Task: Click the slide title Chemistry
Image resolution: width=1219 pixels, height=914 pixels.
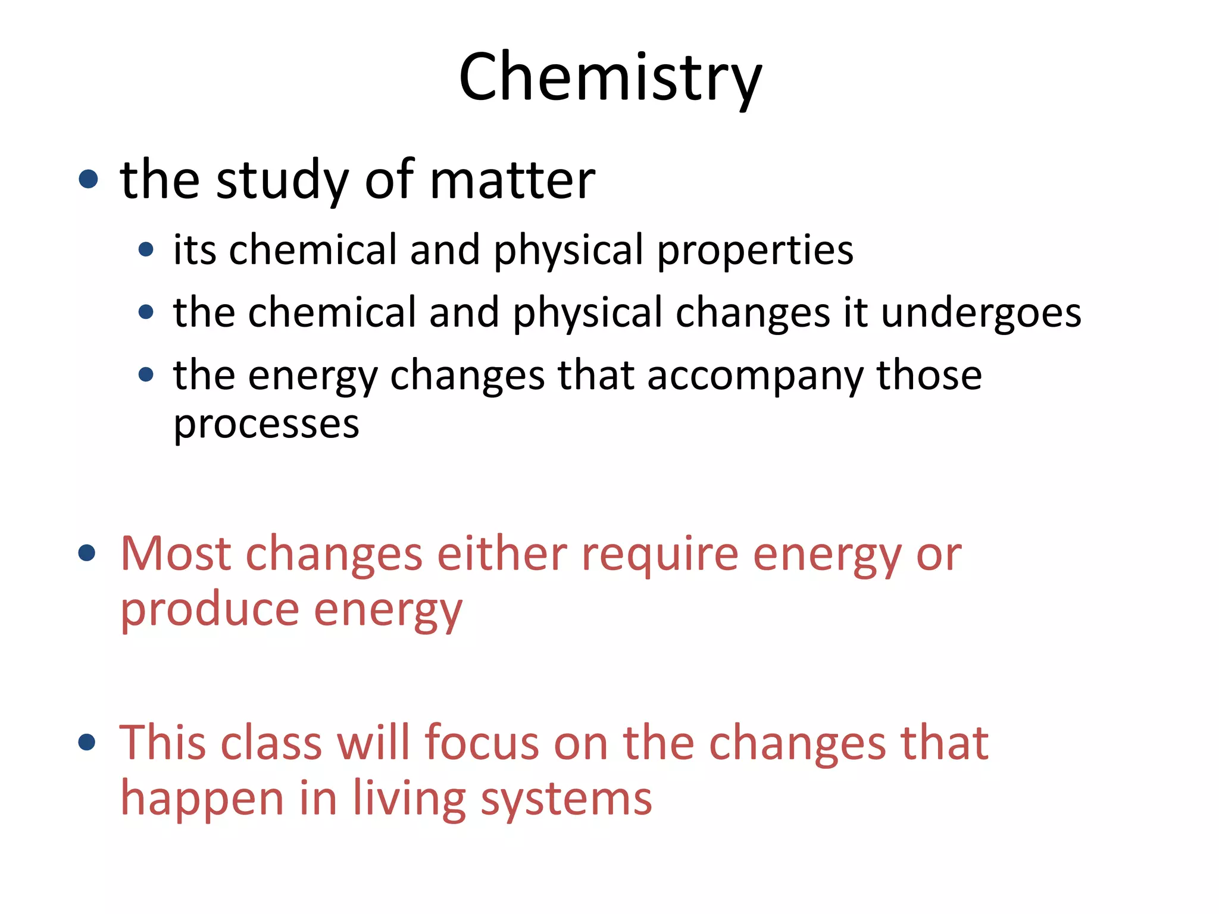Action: click(x=610, y=77)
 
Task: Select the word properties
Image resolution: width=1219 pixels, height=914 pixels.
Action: click(x=755, y=250)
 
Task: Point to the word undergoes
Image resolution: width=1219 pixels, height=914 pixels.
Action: click(x=981, y=313)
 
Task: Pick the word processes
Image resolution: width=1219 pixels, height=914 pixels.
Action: click(x=266, y=425)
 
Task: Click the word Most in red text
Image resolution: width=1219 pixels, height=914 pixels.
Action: click(x=176, y=553)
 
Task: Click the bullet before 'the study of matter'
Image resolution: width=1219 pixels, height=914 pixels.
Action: click(x=88, y=179)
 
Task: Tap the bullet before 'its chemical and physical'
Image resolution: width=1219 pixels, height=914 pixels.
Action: click(x=146, y=249)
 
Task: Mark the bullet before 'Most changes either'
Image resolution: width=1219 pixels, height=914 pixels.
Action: click(x=87, y=553)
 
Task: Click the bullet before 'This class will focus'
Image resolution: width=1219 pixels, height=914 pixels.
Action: click(x=87, y=742)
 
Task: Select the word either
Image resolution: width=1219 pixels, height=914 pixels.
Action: click(x=502, y=553)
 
